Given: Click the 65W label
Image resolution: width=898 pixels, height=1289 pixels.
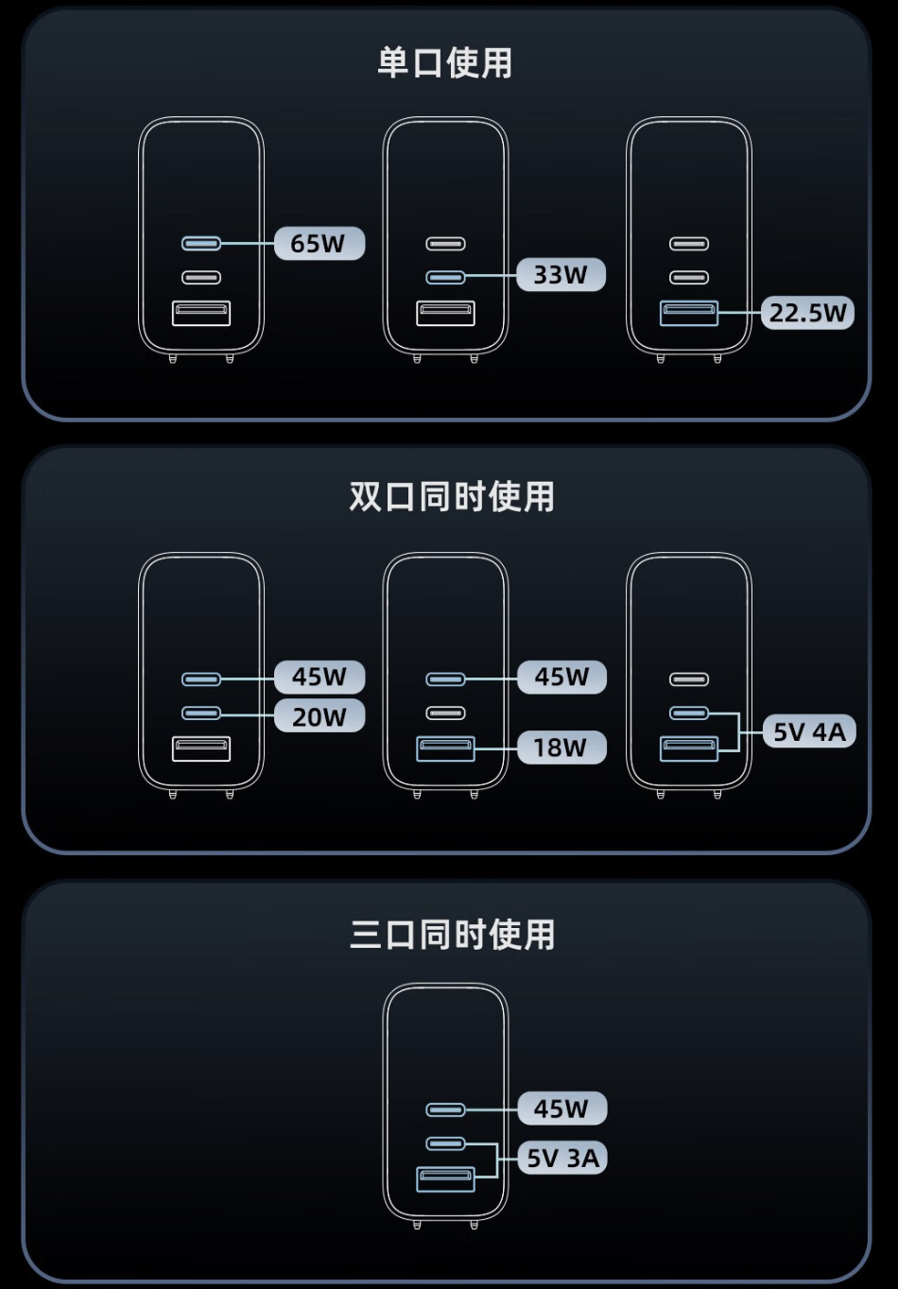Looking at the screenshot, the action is [x=319, y=244].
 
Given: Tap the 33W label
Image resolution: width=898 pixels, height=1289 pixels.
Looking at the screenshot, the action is [x=561, y=275].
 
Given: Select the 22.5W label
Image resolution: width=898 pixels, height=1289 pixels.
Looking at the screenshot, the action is [x=807, y=313].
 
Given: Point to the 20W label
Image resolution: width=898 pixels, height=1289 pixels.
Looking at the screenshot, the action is [x=319, y=716].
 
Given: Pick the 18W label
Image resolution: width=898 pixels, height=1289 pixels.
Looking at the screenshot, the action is [x=561, y=748].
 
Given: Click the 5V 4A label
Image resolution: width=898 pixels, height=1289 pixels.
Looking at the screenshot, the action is [x=809, y=731].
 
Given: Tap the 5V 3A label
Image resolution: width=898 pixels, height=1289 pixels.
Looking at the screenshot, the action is [x=562, y=1158].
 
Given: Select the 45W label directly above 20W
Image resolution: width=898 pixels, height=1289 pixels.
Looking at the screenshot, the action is [x=319, y=677].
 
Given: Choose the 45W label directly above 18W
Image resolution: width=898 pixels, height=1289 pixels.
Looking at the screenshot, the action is [x=561, y=677].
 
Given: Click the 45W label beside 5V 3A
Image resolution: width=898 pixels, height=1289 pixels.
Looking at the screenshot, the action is [x=561, y=1109].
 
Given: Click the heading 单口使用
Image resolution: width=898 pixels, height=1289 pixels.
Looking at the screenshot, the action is [x=445, y=63].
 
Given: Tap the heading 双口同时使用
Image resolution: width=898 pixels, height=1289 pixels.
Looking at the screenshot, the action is [x=452, y=496].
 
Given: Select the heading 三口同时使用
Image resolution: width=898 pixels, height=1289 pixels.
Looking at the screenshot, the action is [x=452, y=935].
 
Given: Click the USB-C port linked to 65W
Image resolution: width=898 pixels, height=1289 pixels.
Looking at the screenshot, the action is [x=201, y=244].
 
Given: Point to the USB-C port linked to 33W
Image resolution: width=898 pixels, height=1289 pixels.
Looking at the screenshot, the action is [x=445, y=277].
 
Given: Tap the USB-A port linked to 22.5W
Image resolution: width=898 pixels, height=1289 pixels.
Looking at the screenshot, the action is [x=689, y=313].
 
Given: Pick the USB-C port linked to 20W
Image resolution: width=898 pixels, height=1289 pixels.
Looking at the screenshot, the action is [x=201, y=713].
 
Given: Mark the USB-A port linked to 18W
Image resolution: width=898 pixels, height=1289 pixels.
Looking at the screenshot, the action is [x=445, y=748].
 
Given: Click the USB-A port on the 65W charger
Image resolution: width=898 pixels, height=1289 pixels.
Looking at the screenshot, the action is [x=201, y=313].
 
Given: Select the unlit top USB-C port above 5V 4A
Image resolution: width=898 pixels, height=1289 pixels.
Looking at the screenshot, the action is [x=689, y=679].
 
